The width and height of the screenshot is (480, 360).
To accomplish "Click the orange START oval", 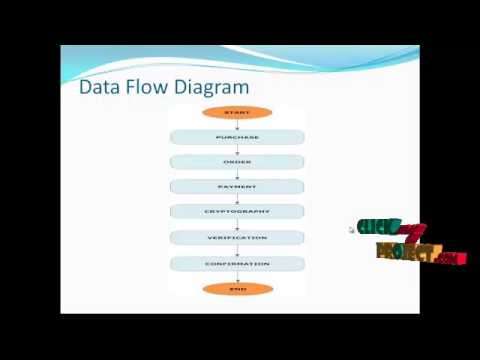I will coord(237,113).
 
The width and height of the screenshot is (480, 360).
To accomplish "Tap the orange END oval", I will coord(237,289).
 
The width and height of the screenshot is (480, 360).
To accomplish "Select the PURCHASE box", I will coord(237,137).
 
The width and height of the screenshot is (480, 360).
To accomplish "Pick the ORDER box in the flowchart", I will coord(237,162).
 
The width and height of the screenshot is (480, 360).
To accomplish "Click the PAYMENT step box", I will coord(237,187).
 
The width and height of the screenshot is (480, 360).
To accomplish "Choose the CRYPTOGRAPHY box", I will coord(237,212).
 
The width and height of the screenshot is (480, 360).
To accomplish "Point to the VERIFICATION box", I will coord(237,238).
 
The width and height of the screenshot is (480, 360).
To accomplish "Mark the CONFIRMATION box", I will coord(237,264).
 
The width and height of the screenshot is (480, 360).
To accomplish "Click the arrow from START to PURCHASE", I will coord(237,125).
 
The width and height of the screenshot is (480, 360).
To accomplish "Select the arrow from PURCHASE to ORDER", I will coord(237,150).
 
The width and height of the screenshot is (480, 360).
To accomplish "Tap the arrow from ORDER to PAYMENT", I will coord(237,175).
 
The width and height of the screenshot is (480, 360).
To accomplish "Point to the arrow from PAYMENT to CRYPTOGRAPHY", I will coord(237,200).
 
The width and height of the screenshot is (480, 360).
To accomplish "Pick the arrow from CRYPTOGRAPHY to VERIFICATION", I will coord(237,225).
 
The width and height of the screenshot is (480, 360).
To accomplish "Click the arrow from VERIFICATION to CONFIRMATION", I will coord(237,251).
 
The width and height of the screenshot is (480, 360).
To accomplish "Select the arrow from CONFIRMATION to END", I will coord(237,276).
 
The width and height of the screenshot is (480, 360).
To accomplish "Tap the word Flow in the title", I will coord(146,87).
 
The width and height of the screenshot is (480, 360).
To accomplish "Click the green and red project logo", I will coord(410,242).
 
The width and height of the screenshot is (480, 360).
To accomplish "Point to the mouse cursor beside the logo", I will coord(351,230).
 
